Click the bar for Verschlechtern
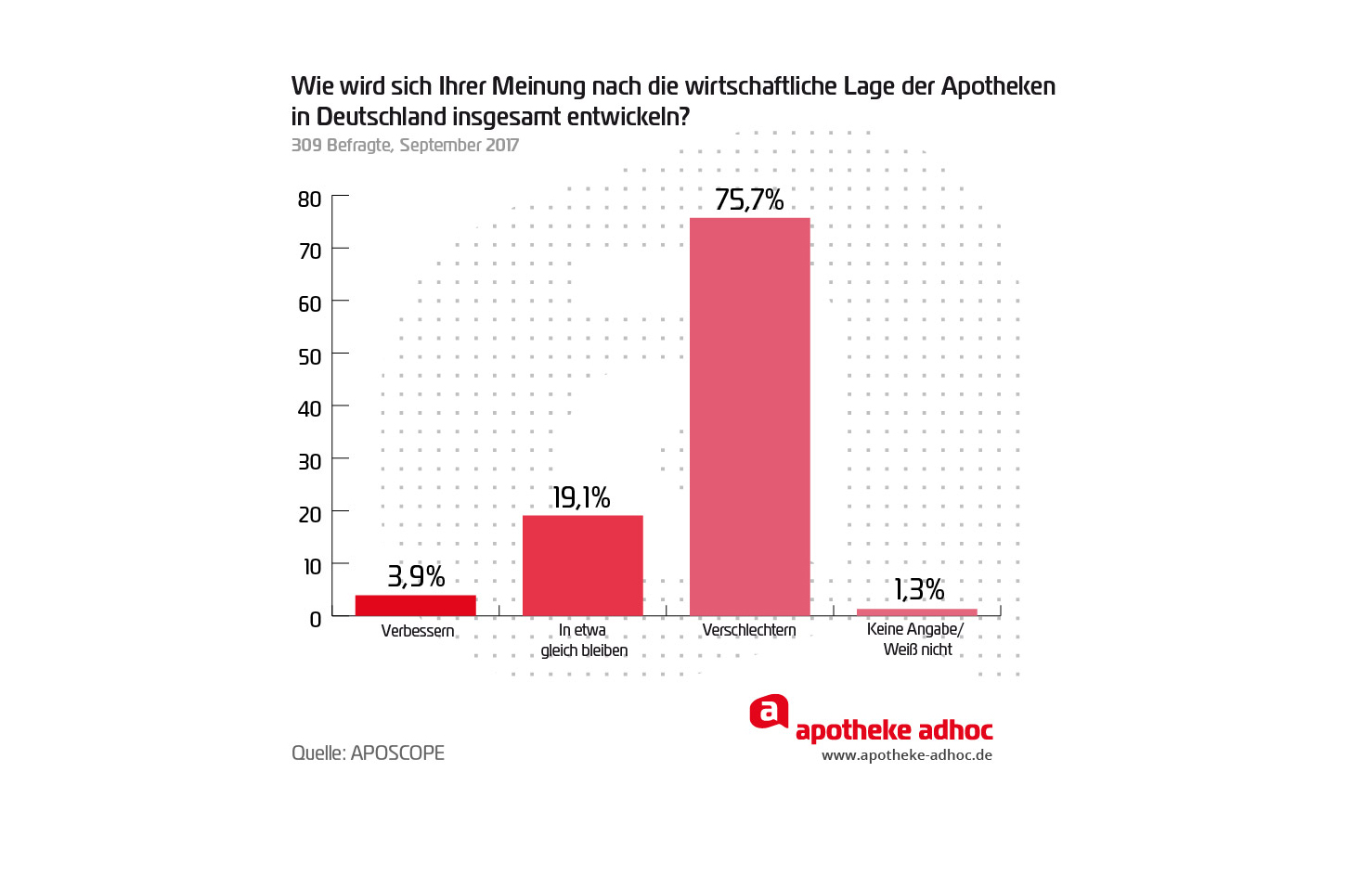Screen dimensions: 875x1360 pyautogui.click(x=749, y=417)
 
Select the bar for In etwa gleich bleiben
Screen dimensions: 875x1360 pyautogui.click(x=582, y=565)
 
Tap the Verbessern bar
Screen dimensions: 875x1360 pyautogui.click(x=415, y=605)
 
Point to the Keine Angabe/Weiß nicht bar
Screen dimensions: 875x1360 pyautogui.click(x=916, y=611)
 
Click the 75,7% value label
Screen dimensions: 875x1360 pyautogui.click(x=749, y=199)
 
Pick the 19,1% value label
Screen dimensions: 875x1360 pyautogui.click(x=581, y=498)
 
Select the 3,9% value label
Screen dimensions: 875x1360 pyautogui.click(x=416, y=576)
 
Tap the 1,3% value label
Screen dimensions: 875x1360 pyautogui.click(x=919, y=589)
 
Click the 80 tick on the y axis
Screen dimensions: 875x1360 pyautogui.click(x=310, y=199)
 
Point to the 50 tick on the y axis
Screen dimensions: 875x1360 pyautogui.click(x=310, y=357)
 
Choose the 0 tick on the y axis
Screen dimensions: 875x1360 pyautogui.click(x=316, y=619)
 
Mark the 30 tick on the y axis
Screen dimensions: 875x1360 pyautogui.click(x=310, y=462)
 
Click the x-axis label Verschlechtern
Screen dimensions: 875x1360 pyautogui.click(x=749, y=630)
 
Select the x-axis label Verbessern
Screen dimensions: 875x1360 pyautogui.click(x=418, y=631)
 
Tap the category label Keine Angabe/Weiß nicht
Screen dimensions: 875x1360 pyautogui.click(x=916, y=639)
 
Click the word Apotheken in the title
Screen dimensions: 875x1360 pyautogui.click(x=998, y=86)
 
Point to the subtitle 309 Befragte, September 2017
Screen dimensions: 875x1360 pyautogui.click(x=405, y=145)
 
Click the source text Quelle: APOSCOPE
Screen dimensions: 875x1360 pyautogui.click(x=368, y=753)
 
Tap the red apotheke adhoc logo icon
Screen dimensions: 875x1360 pyautogui.click(x=769, y=712)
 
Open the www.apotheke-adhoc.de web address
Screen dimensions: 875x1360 pyautogui.click(x=907, y=755)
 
